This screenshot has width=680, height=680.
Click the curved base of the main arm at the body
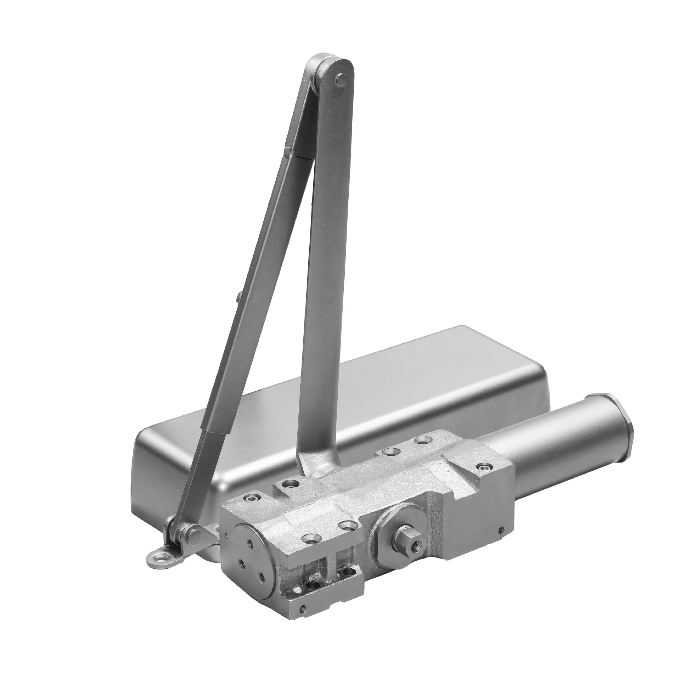click(x=312, y=468)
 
